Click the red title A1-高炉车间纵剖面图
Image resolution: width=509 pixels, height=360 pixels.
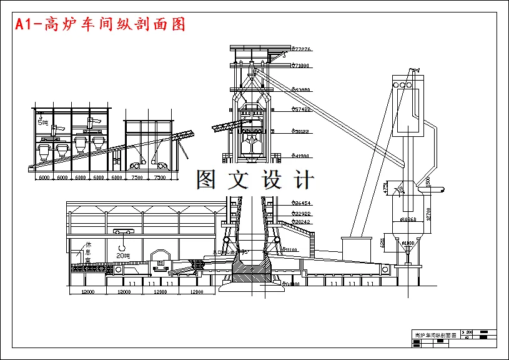click(101, 25)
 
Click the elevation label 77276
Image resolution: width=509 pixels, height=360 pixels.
click(302, 49)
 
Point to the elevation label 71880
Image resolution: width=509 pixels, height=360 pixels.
click(302, 66)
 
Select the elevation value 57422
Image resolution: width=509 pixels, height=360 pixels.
click(302, 109)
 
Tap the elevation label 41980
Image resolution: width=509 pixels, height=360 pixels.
click(302, 156)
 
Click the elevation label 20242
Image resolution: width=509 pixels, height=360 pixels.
click(302, 222)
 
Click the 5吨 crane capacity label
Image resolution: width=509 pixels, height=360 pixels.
click(42, 122)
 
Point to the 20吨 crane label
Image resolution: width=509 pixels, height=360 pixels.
click(123, 256)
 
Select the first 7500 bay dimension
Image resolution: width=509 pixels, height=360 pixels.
click(137, 177)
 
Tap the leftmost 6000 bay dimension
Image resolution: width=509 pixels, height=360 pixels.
click(44, 177)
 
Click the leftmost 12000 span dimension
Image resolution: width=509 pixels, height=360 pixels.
click(86, 292)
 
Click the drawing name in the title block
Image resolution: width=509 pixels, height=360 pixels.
click(435, 336)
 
